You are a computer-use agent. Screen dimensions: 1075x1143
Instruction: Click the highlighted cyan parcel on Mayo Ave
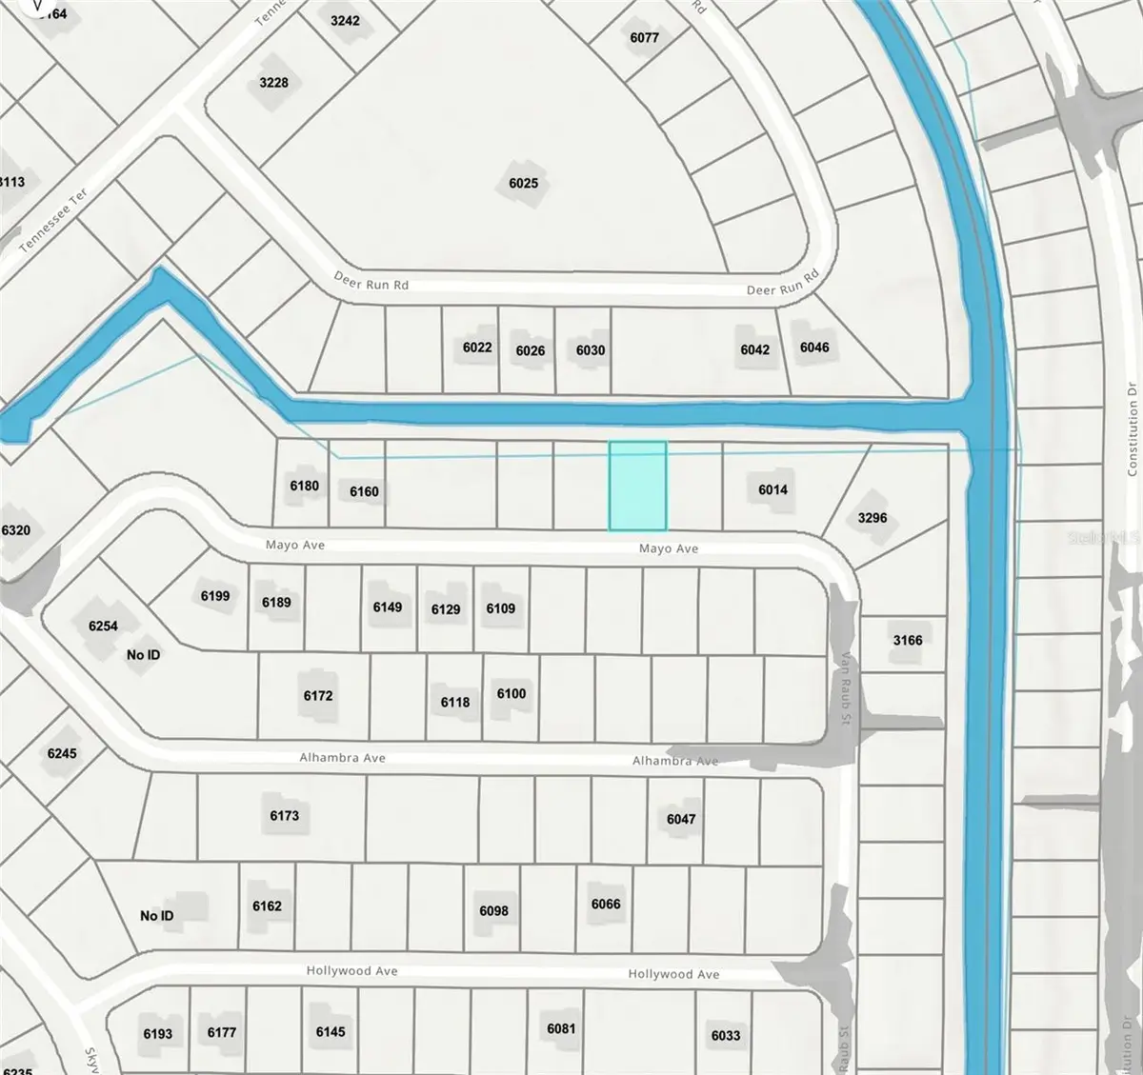pyautogui.click(x=637, y=486)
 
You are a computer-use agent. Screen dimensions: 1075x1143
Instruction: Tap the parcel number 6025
pyautogui.click(x=523, y=183)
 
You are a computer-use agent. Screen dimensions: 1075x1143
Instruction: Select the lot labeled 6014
pyautogui.click(x=772, y=489)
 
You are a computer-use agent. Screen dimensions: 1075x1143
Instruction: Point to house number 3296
pyautogui.click(x=872, y=518)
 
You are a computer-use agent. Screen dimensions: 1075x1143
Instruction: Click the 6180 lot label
pyautogui.click(x=304, y=486)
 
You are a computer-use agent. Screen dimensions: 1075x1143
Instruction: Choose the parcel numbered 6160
pyautogui.click(x=364, y=491)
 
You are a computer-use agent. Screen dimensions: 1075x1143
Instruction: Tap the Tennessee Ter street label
pyautogui.click(x=53, y=221)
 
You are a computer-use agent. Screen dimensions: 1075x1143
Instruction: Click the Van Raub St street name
pyautogui.click(x=844, y=688)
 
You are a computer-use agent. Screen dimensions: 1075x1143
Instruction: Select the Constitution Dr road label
pyautogui.click(x=1132, y=428)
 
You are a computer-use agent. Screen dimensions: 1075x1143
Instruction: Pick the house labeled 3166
pyautogui.click(x=907, y=640)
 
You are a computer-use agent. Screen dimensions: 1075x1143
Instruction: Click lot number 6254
pyautogui.click(x=103, y=626)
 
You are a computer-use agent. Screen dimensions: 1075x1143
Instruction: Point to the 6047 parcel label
pyautogui.click(x=681, y=819)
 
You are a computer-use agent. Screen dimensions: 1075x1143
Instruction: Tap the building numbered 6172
pyautogui.click(x=318, y=696)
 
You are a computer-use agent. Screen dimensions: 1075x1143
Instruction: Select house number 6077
pyautogui.click(x=644, y=38)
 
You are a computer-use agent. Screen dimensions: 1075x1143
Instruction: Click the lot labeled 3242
pyautogui.click(x=345, y=20)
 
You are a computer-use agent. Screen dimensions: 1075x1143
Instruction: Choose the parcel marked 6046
pyautogui.click(x=814, y=348)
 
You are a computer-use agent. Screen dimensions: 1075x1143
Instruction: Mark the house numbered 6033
pyautogui.click(x=726, y=1035)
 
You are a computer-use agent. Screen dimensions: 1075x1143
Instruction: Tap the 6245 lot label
pyautogui.click(x=62, y=753)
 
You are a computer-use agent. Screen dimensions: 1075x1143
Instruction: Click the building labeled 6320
pyautogui.click(x=16, y=530)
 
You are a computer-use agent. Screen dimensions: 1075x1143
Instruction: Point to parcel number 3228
pyautogui.click(x=273, y=83)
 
